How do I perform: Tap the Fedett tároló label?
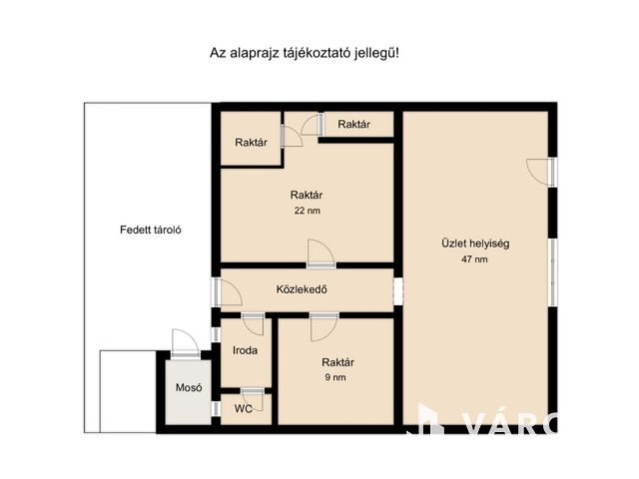[151, 230]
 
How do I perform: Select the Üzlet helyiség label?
[475, 243]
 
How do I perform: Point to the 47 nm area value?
[474, 259]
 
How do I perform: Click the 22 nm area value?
[307, 211]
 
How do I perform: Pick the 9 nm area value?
[335, 377]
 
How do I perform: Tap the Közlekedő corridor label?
[302, 289]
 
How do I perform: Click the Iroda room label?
[245, 350]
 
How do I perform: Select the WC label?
[243, 408]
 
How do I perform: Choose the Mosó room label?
[189, 387]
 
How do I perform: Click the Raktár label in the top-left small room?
[251, 142]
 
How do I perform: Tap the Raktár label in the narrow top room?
[353, 124]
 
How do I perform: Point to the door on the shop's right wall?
[541, 172]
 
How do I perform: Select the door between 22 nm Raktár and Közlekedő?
[321, 253]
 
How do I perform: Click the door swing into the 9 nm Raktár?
[323, 327]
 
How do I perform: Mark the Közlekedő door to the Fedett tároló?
[228, 292]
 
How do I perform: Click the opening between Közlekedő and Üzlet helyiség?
[398, 290]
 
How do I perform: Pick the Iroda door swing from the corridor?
[253, 323]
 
